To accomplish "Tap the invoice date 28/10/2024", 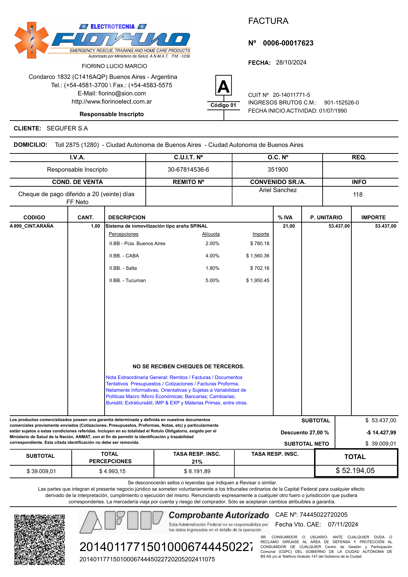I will click(291, 62).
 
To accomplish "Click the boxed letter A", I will click(223, 86).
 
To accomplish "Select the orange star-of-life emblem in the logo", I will click(32, 40).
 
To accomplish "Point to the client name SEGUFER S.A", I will click(67, 128).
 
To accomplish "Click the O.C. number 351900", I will click(278, 170).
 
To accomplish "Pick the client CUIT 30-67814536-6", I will click(188, 170).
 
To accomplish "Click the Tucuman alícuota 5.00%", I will click(212, 281).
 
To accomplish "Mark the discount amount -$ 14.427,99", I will click(381, 433).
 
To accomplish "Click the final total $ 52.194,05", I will click(355, 470).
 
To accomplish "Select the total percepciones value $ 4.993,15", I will click(112, 471).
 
